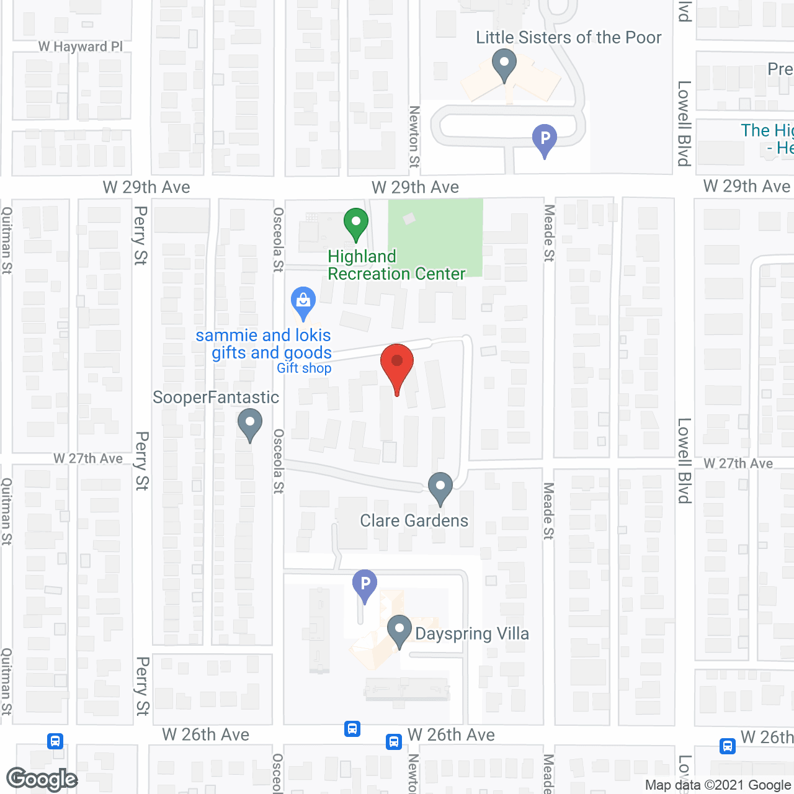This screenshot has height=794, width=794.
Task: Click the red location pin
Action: tap(397, 364)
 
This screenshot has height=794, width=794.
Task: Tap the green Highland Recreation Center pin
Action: tap(356, 223)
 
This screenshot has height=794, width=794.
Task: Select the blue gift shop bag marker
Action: tap(303, 301)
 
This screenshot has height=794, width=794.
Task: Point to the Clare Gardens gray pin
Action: tap(440, 488)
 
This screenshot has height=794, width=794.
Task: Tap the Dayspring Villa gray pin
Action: tap(399, 630)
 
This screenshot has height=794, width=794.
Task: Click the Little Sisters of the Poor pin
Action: tap(504, 64)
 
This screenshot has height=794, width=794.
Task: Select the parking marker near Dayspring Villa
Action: tap(365, 584)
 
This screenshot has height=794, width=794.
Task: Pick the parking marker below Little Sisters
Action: tap(545, 139)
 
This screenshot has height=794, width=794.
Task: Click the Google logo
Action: tap(42, 779)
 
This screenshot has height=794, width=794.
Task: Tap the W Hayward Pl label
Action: tap(81, 47)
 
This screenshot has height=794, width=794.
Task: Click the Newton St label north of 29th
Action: tap(414, 136)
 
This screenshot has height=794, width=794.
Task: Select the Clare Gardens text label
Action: tap(414, 520)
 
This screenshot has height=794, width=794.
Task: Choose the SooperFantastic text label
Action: tap(216, 397)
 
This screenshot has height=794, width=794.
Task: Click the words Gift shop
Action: tap(304, 368)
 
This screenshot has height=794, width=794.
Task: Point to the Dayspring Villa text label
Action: tap(472, 633)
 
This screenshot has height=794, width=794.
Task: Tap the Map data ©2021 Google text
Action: tap(718, 785)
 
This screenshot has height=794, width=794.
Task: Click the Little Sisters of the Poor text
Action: tap(568, 37)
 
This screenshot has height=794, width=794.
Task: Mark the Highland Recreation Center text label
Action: tap(396, 265)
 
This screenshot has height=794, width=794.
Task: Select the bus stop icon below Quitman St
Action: tap(55, 741)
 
